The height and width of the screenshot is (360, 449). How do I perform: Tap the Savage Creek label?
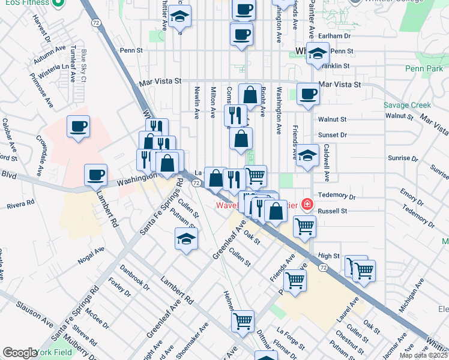pyautogui.click(x=407, y=105)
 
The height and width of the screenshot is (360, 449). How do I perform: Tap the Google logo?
pyautogui.click(x=19, y=352)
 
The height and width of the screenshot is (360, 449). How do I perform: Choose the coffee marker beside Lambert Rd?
pyautogui.click(x=95, y=175)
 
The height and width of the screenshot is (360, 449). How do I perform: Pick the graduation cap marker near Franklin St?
pyautogui.click(x=318, y=54)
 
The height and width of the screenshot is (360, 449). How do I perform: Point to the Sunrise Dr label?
pyautogui.click(x=403, y=158)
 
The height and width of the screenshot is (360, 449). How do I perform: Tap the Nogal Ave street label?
pyautogui.click(x=91, y=257)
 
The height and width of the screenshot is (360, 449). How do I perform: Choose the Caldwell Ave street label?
pyautogui.click(x=327, y=163)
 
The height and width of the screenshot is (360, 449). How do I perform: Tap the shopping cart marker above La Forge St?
pyautogui.click(x=243, y=321)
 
